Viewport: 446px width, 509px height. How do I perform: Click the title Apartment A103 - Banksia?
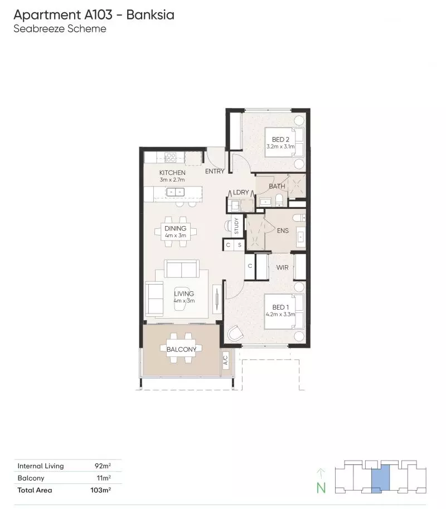click(x=94, y=14)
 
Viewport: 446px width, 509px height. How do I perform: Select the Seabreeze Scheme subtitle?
click(x=60, y=28)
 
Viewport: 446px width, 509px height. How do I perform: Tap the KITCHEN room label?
click(x=172, y=173)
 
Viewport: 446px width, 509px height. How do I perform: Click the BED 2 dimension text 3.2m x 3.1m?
click(x=280, y=146)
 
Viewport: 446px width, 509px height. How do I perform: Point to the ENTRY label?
click(x=215, y=172)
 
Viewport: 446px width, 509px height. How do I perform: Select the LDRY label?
click(x=241, y=192)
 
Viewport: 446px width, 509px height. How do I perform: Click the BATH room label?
click(x=277, y=186)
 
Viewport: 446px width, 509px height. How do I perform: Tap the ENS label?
click(x=283, y=231)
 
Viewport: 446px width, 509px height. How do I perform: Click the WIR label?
click(x=282, y=268)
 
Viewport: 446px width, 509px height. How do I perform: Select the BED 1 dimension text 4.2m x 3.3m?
click(x=280, y=315)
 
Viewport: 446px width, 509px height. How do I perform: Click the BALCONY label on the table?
click(x=181, y=349)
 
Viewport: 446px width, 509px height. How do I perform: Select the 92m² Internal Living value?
click(x=103, y=466)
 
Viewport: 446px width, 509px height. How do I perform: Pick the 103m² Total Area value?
click(x=101, y=490)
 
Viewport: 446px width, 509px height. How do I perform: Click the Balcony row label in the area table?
click(x=31, y=478)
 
